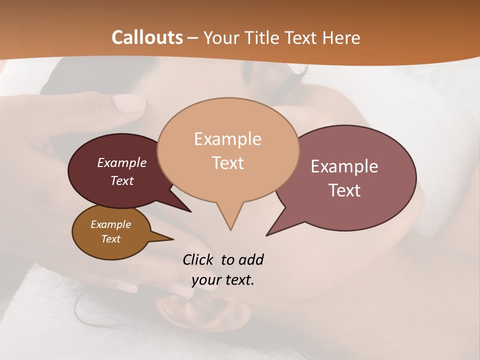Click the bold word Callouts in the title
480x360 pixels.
[147, 37]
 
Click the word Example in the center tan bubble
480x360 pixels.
[227, 139]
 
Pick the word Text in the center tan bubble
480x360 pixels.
[227, 163]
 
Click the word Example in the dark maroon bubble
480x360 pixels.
[121, 162]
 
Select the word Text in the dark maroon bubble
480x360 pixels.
[121, 180]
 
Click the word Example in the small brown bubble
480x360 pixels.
[110, 224]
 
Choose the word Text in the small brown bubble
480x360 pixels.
[110, 239]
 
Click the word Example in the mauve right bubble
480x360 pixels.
[344, 166]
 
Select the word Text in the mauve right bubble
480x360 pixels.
[344, 190]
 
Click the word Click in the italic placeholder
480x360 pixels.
[198, 259]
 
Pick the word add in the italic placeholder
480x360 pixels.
[251, 259]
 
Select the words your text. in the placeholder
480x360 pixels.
[223, 280]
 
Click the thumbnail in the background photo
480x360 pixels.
[128, 102]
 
